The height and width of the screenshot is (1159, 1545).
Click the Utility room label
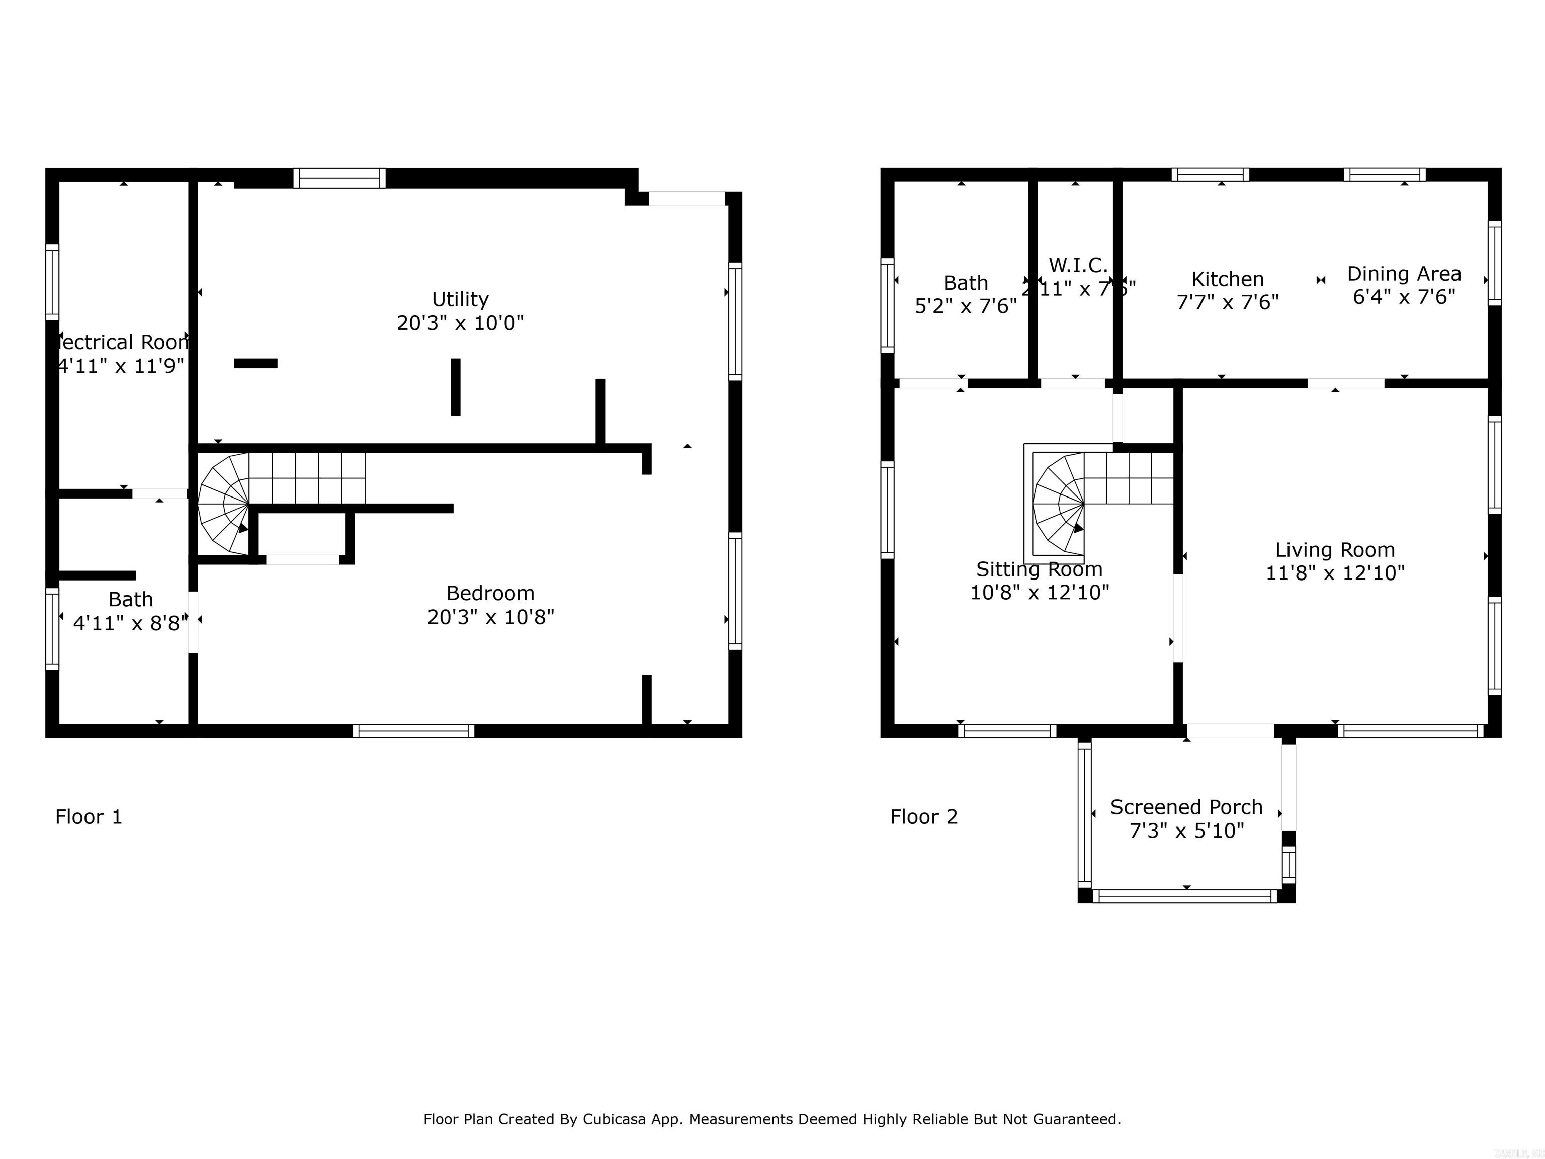pyautogui.click(x=460, y=299)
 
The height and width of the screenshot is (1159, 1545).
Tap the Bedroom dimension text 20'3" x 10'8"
pyautogui.click(x=490, y=617)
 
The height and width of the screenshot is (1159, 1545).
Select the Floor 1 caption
pyautogui.click(x=89, y=816)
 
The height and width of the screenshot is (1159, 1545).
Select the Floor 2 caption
pyautogui.click(x=923, y=816)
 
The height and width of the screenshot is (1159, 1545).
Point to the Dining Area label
pyautogui.click(x=1404, y=274)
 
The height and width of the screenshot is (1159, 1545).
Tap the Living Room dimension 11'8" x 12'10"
pyautogui.click(x=1335, y=573)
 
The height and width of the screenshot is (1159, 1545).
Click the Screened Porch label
pyautogui.click(x=1186, y=807)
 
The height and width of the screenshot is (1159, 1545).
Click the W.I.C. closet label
pyautogui.click(x=1078, y=266)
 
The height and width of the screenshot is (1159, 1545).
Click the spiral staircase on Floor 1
pyautogui.click(x=223, y=503)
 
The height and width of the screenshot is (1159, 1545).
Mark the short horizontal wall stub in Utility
pyautogui.click(x=255, y=363)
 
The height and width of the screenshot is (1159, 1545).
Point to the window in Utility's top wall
pyautogui.click(x=339, y=178)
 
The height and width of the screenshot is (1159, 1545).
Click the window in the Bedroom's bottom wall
pyautogui.click(x=413, y=731)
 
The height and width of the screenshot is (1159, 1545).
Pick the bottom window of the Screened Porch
pyautogui.click(x=1185, y=896)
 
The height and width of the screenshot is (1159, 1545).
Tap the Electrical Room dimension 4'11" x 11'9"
pyautogui.click(x=121, y=365)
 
